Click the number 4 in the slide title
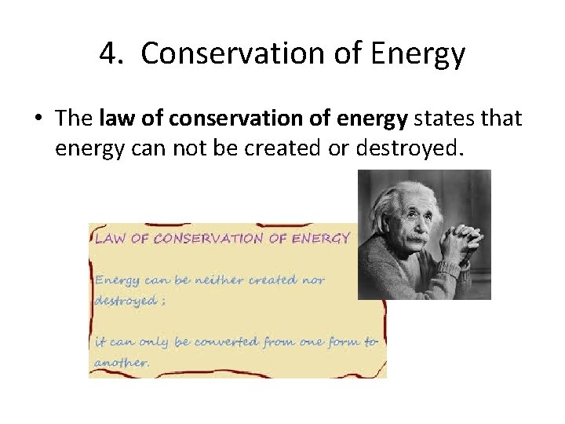pos(108,54)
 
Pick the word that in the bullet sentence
pos(499,119)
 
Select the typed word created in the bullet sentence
pos(275,147)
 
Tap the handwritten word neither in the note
pos(215,280)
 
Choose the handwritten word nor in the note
pos(312,280)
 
